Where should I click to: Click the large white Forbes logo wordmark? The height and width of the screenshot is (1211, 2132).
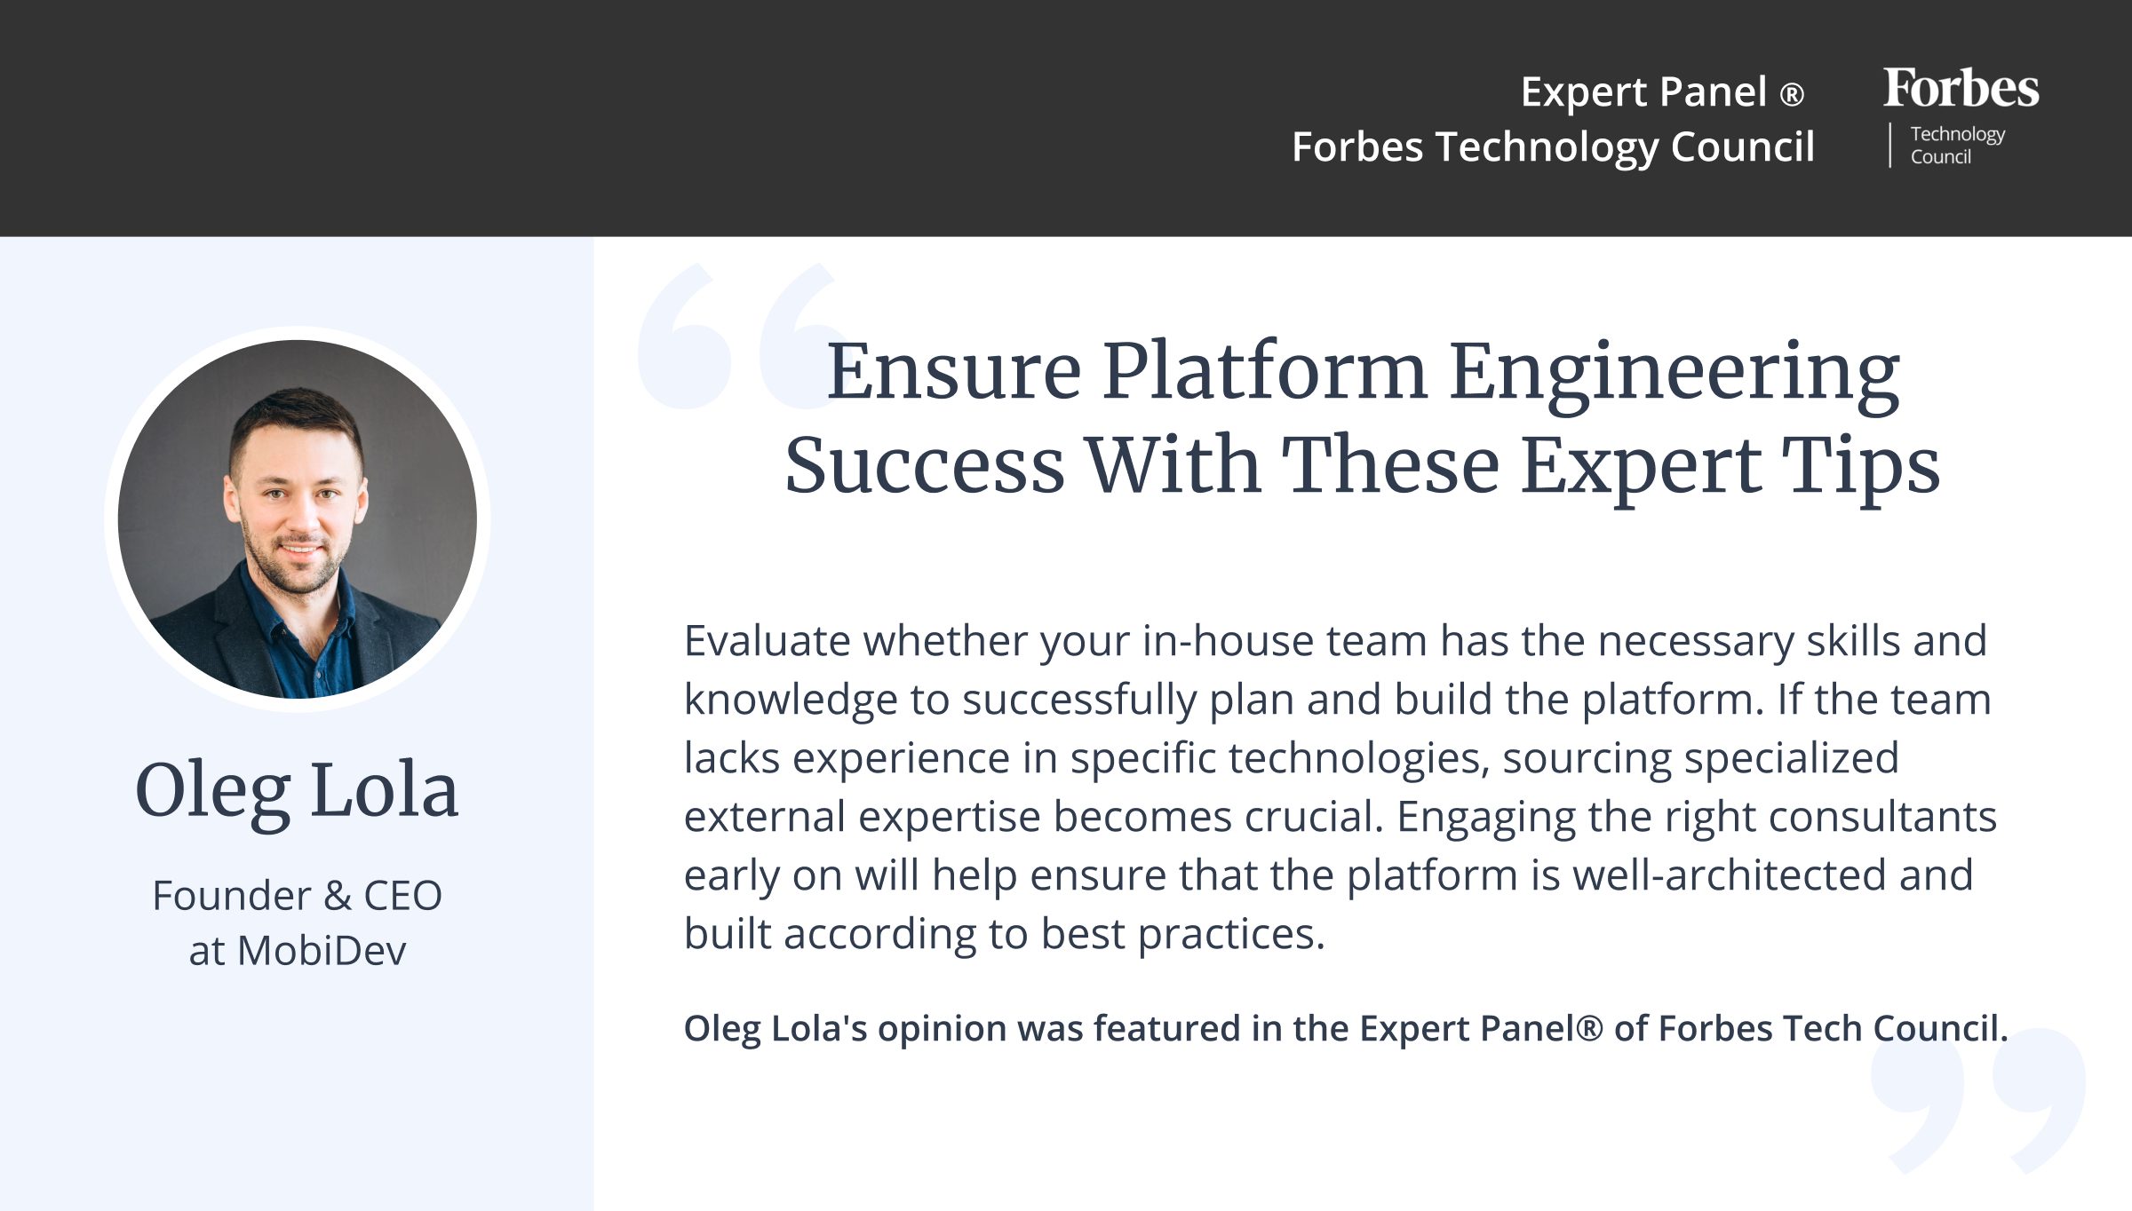point(1961,88)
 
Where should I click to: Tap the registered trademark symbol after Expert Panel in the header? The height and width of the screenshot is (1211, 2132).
point(1793,94)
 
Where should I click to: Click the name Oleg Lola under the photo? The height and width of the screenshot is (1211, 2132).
point(297,790)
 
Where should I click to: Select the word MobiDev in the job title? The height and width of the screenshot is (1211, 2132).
point(322,951)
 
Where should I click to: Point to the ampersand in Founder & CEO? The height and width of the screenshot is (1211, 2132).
point(338,895)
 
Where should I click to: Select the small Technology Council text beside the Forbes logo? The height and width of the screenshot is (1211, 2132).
point(1957,146)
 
